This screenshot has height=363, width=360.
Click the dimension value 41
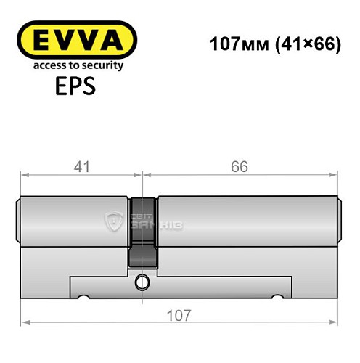point(81,166)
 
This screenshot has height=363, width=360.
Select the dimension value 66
point(240,166)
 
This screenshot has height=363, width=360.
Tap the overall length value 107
point(179,315)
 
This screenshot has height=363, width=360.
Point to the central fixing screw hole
point(143,281)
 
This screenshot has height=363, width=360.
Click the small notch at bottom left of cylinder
point(84,297)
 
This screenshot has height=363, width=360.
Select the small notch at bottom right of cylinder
point(276,297)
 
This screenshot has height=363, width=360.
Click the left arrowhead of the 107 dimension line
point(25,323)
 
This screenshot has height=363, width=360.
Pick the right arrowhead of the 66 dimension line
point(335,174)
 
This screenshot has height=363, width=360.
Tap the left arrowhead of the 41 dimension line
point(24,174)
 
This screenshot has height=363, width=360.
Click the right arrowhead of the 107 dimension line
point(335,323)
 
